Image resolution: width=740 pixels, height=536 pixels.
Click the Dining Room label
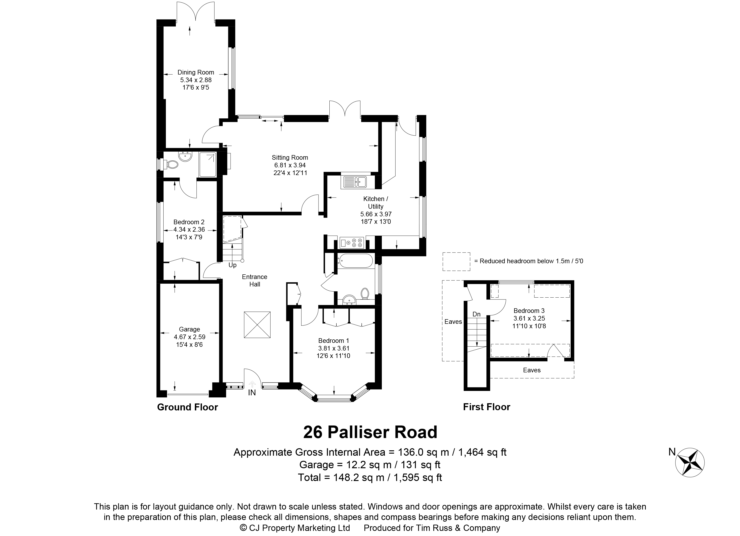(x=196, y=72)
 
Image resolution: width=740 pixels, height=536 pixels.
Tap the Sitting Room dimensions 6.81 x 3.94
(x=290, y=165)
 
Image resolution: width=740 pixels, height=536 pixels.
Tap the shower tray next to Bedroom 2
(x=208, y=165)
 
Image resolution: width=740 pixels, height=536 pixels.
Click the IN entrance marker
(x=252, y=393)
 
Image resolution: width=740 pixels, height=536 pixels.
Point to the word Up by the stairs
(x=232, y=265)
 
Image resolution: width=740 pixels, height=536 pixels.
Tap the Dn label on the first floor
(x=476, y=314)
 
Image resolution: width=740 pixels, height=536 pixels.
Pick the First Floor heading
(x=486, y=407)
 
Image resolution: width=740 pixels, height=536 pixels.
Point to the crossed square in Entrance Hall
(x=257, y=325)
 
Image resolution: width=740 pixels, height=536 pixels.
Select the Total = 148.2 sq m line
(x=370, y=478)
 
